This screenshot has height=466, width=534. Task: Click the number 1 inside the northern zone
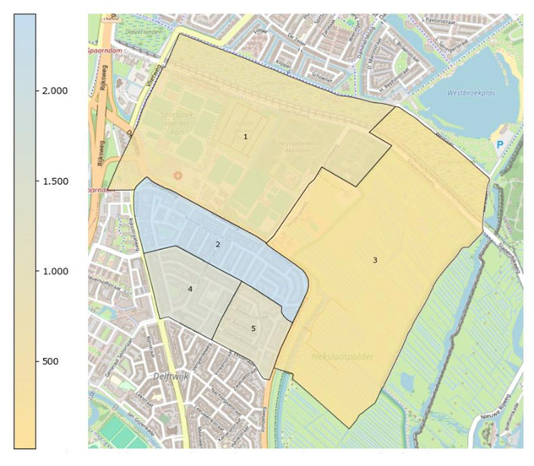246,136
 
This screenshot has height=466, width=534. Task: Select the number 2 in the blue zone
218,244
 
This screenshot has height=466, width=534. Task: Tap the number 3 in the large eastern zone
375,260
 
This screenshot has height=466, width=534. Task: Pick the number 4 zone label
190,289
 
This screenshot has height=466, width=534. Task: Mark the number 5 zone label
253,328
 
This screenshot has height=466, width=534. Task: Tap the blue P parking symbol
499,144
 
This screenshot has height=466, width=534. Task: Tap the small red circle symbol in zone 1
177,175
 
